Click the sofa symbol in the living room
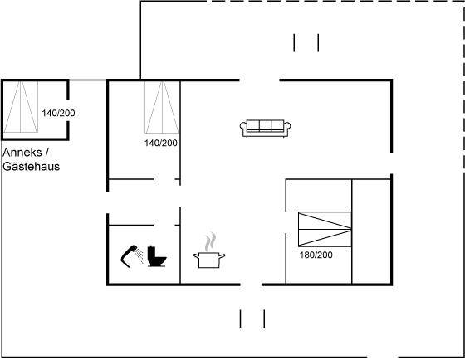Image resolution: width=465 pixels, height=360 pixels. click(x=266, y=128)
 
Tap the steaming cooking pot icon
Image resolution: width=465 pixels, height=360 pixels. click(x=209, y=251)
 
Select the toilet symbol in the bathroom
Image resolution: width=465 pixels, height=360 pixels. click(x=157, y=256)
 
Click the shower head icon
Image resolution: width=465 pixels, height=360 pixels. click(x=132, y=256)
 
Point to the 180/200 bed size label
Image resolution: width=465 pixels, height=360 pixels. click(x=316, y=255)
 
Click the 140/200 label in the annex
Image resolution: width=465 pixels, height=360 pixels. click(x=58, y=113)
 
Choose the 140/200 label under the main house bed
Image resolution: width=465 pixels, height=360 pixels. click(x=161, y=143)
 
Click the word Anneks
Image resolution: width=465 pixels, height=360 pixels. click(x=22, y=153)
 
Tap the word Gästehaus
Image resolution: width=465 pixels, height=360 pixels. click(x=32, y=166)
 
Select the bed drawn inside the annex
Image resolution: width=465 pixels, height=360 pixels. click(x=21, y=107)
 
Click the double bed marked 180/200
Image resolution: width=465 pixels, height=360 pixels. click(x=325, y=229)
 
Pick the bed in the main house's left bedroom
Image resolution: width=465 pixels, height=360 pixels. click(x=162, y=107)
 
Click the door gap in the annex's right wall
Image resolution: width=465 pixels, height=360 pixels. click(x=68, y=110)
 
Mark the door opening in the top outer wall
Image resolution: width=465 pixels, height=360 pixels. click(x=259, y=80)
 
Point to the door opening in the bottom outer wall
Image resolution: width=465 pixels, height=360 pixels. click(x=251, y=285)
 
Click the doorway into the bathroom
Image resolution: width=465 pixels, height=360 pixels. click(x=164, y=225)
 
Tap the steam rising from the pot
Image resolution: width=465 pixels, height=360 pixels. click(x=210, y=241)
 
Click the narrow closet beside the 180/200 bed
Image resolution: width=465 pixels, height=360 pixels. click(x=371, y=231)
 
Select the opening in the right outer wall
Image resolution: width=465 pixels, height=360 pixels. click(x=391, y=163)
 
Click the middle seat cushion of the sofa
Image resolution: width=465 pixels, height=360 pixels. click(x=266, y=125)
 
